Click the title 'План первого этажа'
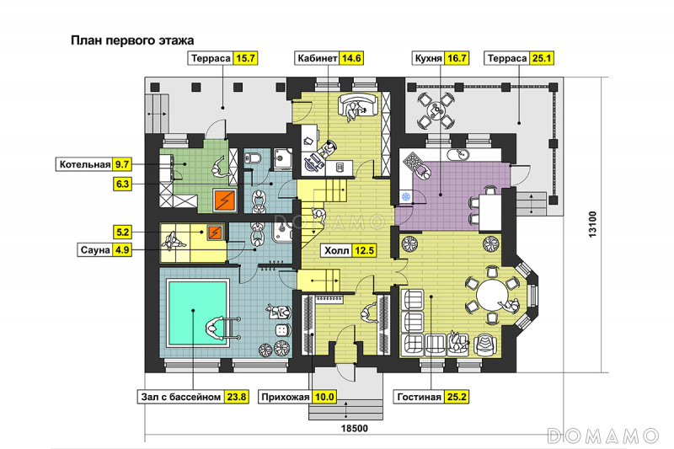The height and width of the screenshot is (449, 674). tap(132, 40)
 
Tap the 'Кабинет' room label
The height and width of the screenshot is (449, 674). tap(318, 58)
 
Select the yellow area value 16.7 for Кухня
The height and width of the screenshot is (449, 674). tap(457, 58)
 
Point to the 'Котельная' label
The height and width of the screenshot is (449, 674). tap(85, 164)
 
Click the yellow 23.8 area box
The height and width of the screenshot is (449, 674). tap(237, 397)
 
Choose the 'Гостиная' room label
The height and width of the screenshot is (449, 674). tap(419, 397)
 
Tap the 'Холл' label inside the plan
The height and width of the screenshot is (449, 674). tap(336, 250)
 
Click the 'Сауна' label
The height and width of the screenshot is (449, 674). tap(95, 249)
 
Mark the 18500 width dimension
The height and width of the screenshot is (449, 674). tap(355, 429)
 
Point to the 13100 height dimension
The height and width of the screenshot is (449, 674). tap(592, 224)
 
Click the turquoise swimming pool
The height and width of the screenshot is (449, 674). tap(197, 312)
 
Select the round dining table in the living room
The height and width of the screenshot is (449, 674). tap(493, 296)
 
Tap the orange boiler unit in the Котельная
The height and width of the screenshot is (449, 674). tap(224, 200)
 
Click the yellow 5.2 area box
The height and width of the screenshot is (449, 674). tap(122, 232)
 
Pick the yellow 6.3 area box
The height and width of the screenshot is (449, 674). tap(122, 184)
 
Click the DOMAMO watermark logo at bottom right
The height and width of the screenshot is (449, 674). tap(602, 436)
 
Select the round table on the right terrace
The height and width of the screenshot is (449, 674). tap(436, 111)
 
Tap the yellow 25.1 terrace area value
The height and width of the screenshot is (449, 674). tap(542, 58)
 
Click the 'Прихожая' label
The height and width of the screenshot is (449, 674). tap(285, 397)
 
